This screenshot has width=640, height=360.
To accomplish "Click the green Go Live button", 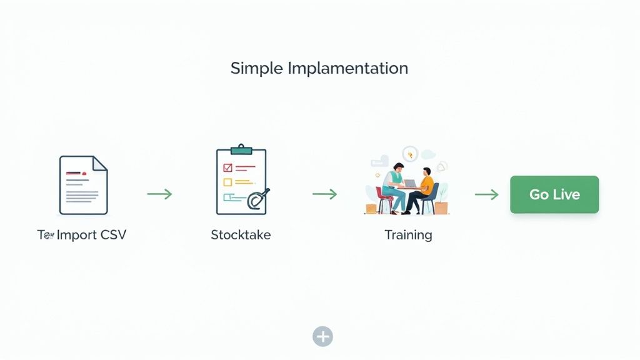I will click(554, 194).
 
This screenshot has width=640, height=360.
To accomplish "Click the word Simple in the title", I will click(257, 68).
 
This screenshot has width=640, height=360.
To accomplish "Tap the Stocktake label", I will click(241, 235).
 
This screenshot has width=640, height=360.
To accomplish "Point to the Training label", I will click(408, 235).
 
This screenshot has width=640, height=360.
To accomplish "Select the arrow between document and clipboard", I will click(159, 194).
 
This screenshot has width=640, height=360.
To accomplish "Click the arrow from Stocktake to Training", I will click(324, 194).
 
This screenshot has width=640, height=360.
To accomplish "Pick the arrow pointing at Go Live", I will click(486, 194).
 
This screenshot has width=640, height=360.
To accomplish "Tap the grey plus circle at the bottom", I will click(322, 336).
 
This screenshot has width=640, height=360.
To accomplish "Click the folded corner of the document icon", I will click(100, 163).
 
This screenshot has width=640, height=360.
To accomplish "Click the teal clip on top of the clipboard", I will click(241, 149).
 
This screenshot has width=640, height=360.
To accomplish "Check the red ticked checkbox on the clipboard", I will click(227, 167).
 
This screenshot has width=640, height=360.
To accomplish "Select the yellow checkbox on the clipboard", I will click(227, 182).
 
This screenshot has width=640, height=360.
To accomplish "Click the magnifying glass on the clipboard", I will click(256, 199).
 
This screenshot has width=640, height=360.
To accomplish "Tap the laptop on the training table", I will click(411, 183).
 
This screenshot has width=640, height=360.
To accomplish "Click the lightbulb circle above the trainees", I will click(410, 153).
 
